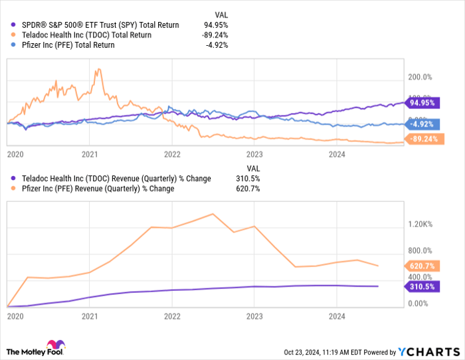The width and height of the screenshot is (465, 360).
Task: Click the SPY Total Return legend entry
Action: tap(93, 25)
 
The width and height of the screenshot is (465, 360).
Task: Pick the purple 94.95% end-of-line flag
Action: tap(422, 103)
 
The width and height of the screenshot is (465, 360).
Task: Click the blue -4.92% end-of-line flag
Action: tap(421, 124)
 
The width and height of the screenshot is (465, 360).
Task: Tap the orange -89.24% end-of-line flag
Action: tap(422, 139)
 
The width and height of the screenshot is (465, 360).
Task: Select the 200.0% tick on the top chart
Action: tap(420, 77)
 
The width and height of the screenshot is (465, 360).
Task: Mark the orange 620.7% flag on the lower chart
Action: tap(421, 266)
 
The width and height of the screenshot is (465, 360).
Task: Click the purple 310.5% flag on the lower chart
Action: tap(421, 286)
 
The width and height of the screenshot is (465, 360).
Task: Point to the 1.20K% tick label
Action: tap(421, 224)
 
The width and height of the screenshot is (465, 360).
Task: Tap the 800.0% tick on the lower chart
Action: tap(420, 250)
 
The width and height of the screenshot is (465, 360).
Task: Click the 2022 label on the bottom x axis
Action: tap(172, 317)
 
